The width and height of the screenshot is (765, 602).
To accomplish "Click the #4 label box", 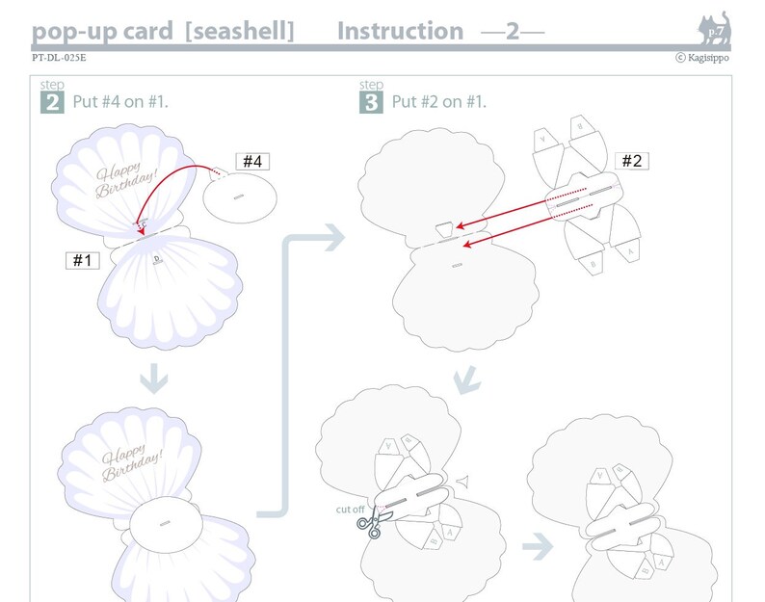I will click(x=251, y=162).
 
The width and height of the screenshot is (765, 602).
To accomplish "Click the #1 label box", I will click(x=82, y=260).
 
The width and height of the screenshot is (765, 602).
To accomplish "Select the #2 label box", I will click(x=631, y=161).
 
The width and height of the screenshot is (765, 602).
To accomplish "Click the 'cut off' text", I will click(x=350, y=509).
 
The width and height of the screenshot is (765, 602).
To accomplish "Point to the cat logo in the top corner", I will click(x=714, y=29).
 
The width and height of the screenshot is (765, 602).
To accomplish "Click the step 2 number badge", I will click(x=52, y=101).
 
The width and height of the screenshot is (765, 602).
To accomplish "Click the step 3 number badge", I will click(x=371, y=101).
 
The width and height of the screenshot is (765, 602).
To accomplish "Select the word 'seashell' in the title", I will click(x=243, y=31).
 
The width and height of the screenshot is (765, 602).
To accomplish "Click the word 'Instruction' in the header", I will click(x=400, y=31).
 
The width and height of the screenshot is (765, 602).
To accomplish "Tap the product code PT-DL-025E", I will click(x=59, y=58).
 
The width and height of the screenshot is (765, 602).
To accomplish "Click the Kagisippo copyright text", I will click(x=702, y=58).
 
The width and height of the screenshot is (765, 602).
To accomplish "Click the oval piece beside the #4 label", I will click(x=241, y=197).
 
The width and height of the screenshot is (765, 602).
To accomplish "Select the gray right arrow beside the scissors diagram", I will click(x=538, y=548).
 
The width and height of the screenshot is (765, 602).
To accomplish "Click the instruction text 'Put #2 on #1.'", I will click(x=438, y=101).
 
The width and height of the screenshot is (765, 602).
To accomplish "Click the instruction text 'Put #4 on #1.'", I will click(x=120, y=101).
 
